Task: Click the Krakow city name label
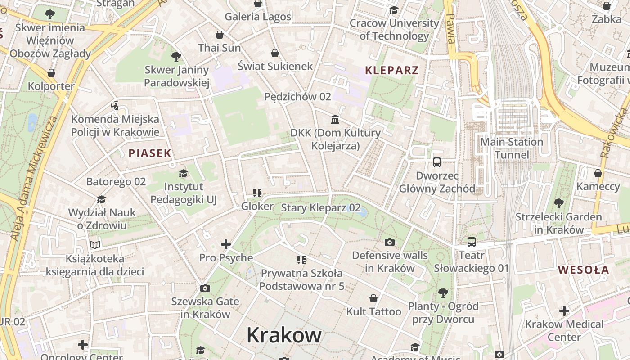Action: point(284,335)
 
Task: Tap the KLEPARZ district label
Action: point(391,70)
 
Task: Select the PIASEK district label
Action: point(150,153)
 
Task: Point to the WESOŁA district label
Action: point(584,270)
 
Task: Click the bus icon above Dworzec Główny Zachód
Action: point(436,162)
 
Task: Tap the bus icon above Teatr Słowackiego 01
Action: point(471,242)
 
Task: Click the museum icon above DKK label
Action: point(335,119)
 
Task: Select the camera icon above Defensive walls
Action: point(390,242)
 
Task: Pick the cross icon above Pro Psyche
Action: point(226,244)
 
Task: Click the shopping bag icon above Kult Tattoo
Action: point(373,298)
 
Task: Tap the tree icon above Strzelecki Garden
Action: point(558,203)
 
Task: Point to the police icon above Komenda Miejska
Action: point(115,106)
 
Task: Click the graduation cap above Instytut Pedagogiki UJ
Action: point(183,173)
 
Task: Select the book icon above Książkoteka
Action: point(94,245)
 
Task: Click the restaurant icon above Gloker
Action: point(257,193)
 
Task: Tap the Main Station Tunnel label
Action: point(512,148)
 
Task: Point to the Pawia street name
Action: point(451,28)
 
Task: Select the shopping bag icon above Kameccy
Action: point(598,173)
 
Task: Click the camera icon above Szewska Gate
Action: point(205,288)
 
